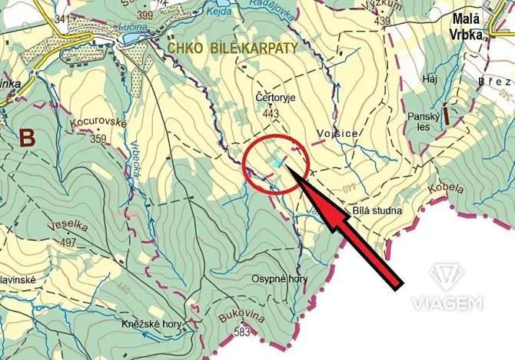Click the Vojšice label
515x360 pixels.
tap(337, 133)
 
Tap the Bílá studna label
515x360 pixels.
tap(377, 209)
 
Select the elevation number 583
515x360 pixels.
tap(243, 332)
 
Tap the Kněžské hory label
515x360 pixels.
tap(151, 325)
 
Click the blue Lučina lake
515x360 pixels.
tap(135, 35)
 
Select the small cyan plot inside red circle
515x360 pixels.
tap(274, 163)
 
